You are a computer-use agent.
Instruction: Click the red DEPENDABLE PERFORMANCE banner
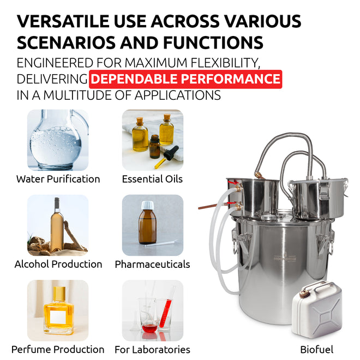185,79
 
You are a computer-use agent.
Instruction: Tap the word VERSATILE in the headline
63,21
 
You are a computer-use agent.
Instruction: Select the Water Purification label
58,179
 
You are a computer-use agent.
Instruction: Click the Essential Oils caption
152,179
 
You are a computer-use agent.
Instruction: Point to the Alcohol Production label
58,264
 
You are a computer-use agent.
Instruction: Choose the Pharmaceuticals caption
152,264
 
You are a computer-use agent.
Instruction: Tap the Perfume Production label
58,350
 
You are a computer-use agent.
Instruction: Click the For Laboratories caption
152,350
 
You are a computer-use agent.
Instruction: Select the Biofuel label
316,350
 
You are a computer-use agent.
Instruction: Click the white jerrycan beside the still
317,310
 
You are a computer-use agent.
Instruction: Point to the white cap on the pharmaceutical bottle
147,205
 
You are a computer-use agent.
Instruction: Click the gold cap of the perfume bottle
59,293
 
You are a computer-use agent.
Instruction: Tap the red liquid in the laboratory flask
149,329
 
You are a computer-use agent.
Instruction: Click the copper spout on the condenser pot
208,207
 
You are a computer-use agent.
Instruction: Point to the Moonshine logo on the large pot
285,258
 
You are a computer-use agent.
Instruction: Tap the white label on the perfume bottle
58,316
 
